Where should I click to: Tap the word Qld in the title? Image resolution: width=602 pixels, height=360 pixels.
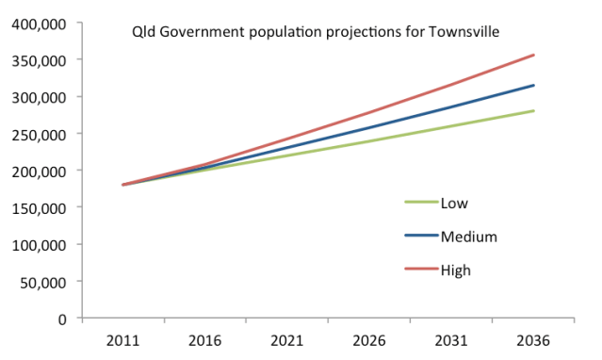tap(142, 32)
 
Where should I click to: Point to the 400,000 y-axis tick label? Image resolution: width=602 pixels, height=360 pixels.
tap(41, 23)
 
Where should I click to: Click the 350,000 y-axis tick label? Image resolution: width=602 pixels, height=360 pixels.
tap(41, 60)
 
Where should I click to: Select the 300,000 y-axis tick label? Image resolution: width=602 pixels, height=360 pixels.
tap(41, 97)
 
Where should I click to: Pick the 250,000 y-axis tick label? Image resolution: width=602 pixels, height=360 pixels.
tap(41, 134)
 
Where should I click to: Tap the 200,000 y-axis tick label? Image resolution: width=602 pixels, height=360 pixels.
tap(41, 171)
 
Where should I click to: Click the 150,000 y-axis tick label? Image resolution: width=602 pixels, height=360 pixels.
tap(41, 207)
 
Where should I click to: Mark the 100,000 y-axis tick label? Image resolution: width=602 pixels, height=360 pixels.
tap(41, 244)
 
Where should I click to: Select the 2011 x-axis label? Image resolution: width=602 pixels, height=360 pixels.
tap(123, 339)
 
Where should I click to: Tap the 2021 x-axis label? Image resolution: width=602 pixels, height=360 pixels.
tap(287, 339)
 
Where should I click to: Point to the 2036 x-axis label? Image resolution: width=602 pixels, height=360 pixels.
tap(534, 339)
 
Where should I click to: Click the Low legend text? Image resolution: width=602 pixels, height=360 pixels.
tap(454, 203)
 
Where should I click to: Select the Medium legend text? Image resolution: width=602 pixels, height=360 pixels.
tap(468, 237)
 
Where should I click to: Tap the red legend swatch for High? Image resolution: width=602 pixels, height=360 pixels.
tap(419, 270)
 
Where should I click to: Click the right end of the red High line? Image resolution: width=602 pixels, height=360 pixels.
tap(534, 55)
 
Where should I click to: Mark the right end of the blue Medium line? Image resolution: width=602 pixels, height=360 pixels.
tap(534, 86)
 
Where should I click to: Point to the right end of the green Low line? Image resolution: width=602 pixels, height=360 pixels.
tap(534, 111)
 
